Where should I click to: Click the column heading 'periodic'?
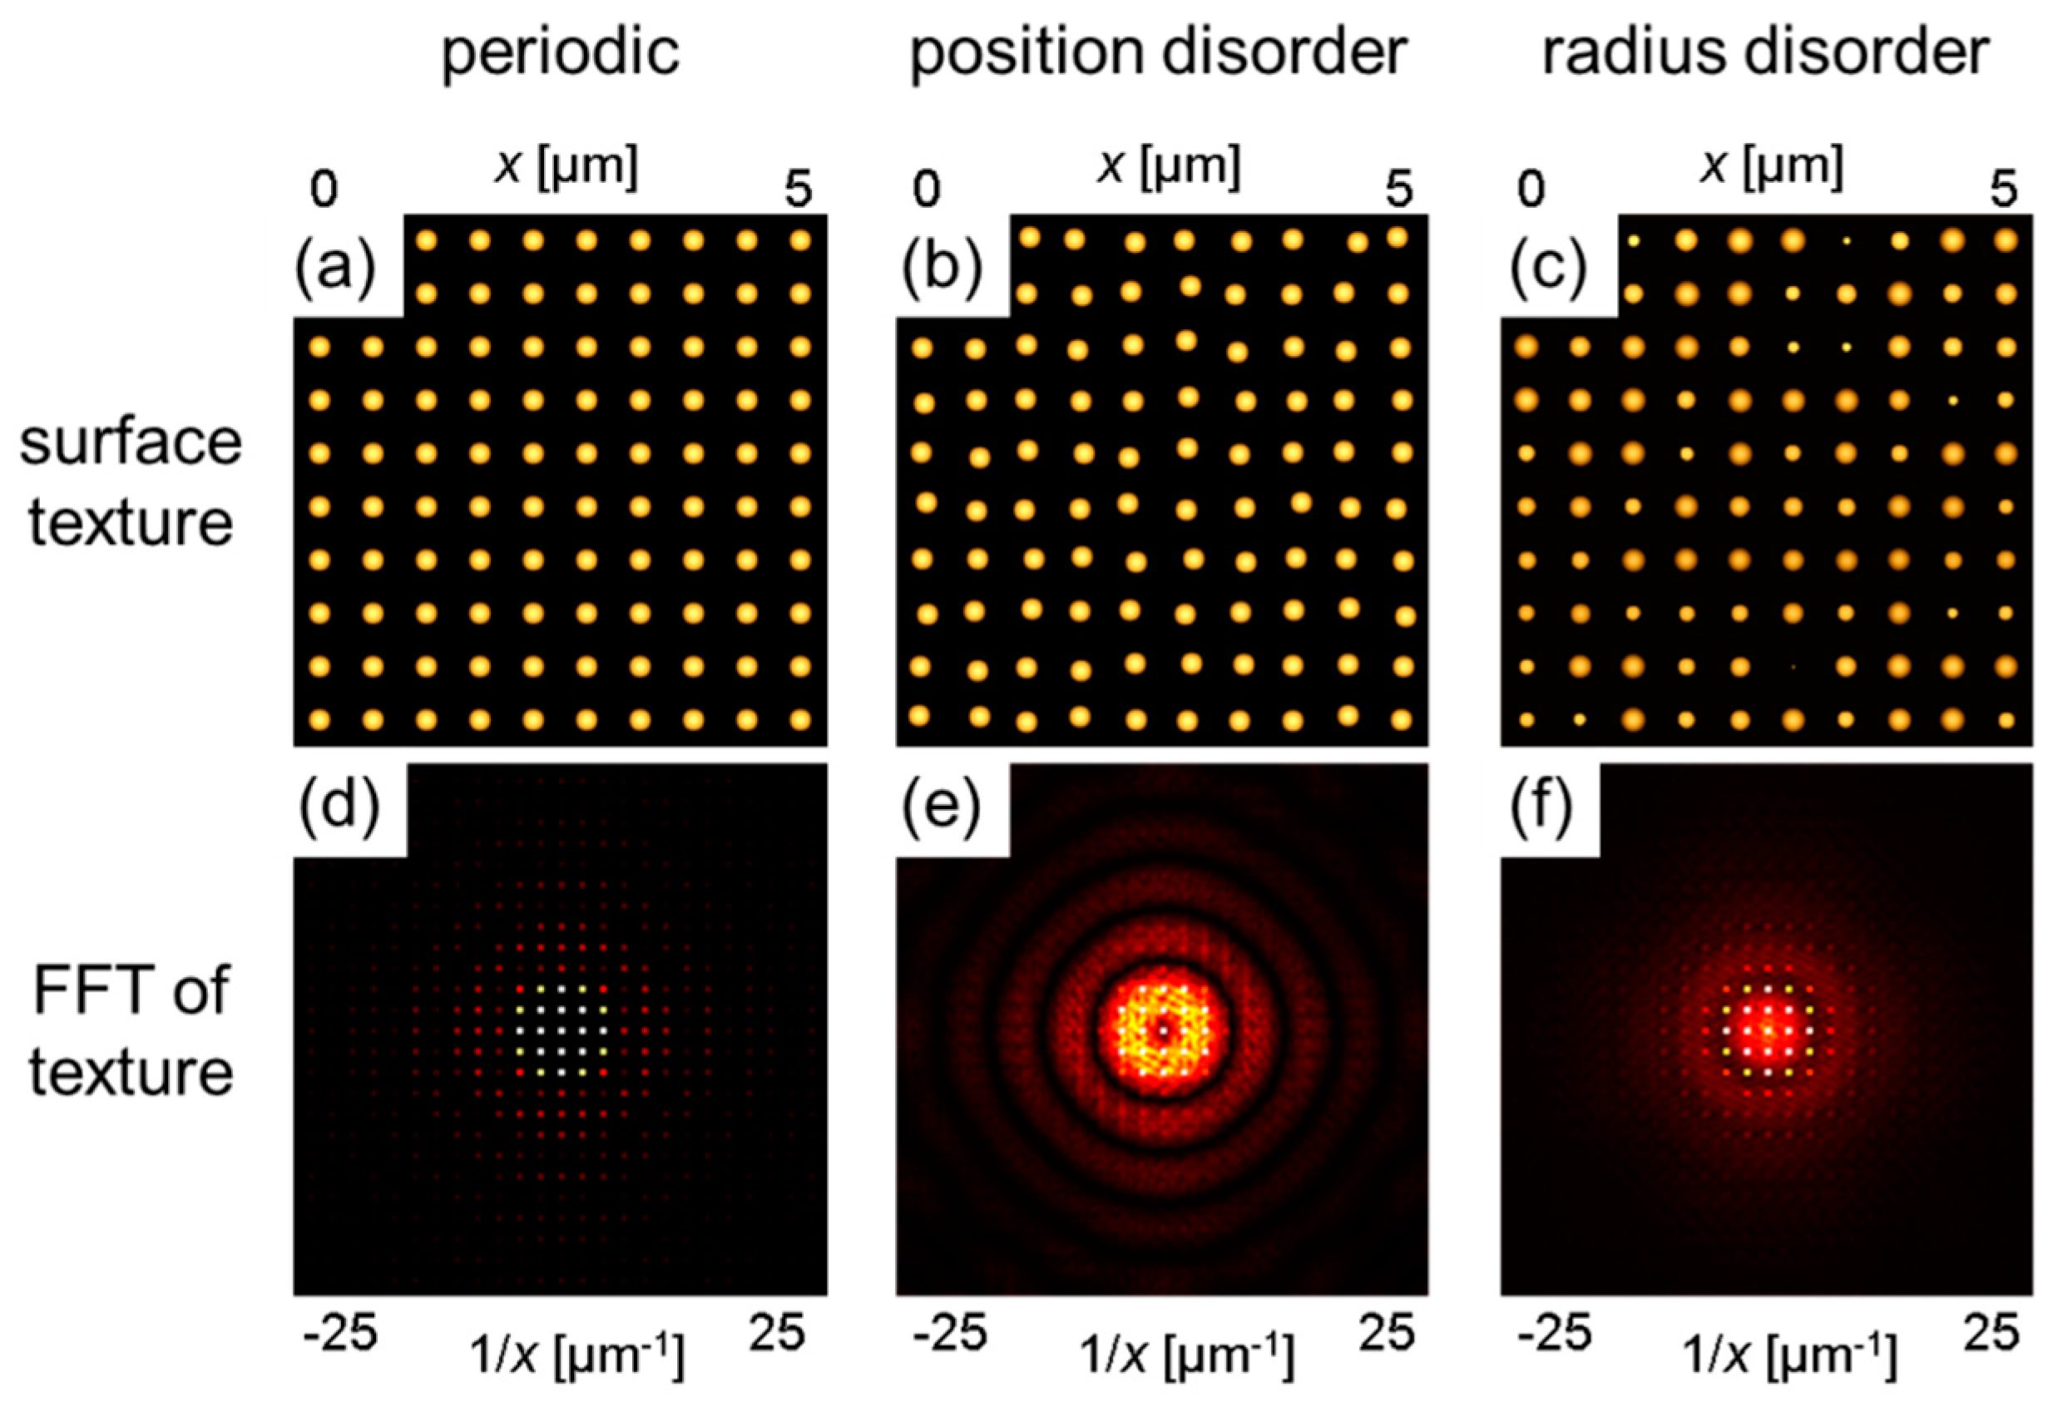click(x=561, y=53)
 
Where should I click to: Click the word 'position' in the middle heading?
click(x=1027, y=53)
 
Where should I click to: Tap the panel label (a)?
click(x=335, y=265)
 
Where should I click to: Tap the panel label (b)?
click(x=942, y=265)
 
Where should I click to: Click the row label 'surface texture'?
click(x=131, y=482)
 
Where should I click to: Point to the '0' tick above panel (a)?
click(x=324, y=189)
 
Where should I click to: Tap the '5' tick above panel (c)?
click(x=2004, y=189)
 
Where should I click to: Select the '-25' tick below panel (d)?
click(x=341, y=1330)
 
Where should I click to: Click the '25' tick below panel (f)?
click(x=1991, y=1330)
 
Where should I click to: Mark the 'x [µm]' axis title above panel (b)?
click(x=1168, y=165)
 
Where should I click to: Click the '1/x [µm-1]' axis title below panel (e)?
click(x=1185, y=1355)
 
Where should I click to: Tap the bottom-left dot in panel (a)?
click(x=319, y=719)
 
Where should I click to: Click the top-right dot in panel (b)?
click(x=1397, y=237)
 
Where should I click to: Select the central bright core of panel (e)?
click(x=1163, y=1030)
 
